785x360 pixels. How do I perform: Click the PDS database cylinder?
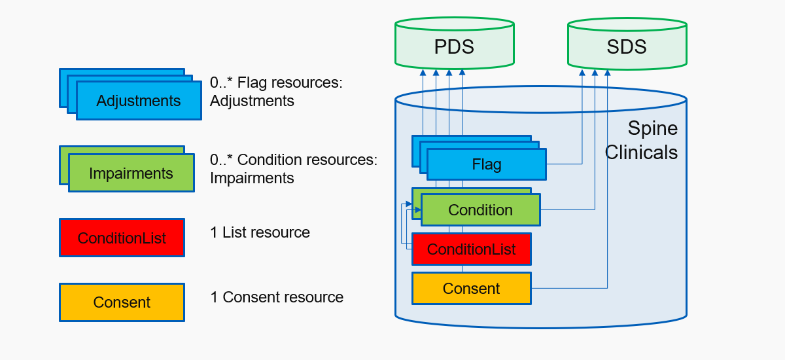coord(455,43)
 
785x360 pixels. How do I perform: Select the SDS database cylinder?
coord(627,43)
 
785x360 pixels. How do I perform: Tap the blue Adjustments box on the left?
coord(139,101)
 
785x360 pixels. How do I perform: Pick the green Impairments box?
coord(131,173)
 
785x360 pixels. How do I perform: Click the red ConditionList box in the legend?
coord(122,238)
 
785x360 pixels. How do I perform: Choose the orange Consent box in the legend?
coord(122,302)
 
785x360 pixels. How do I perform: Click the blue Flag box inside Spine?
coord(487,164)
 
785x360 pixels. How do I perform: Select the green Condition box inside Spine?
coord(480,209)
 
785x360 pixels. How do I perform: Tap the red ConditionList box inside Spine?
coord(472,249)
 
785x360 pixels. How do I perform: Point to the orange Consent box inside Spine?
coord(472,288)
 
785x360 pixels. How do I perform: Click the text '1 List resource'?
coord(260,232)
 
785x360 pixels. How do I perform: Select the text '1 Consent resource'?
coord(277,297)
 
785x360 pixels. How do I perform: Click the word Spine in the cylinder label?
coord(653,128)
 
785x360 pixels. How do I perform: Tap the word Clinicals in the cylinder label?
coord(641,153)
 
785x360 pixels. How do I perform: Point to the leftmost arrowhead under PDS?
coord(423,72)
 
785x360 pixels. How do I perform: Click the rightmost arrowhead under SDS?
coord(607,72)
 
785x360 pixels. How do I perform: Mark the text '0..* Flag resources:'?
coord(276,82)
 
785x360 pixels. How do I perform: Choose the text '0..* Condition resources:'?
coord(294,160)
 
